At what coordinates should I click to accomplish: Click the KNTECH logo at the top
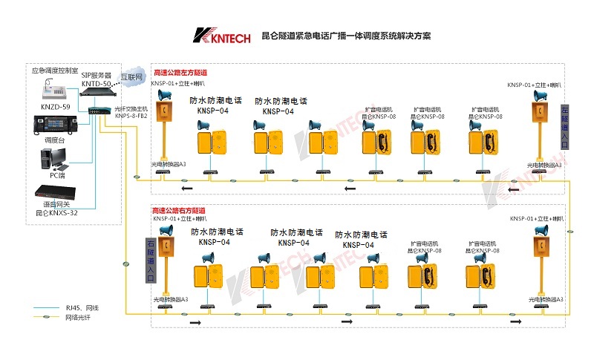pos(221,36)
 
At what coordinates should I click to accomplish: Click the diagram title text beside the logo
pos(346,36)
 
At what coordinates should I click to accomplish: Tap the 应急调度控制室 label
pos(55,71)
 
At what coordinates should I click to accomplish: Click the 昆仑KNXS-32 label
pos(58,212)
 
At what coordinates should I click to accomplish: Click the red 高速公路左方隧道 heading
pos(180,73)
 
